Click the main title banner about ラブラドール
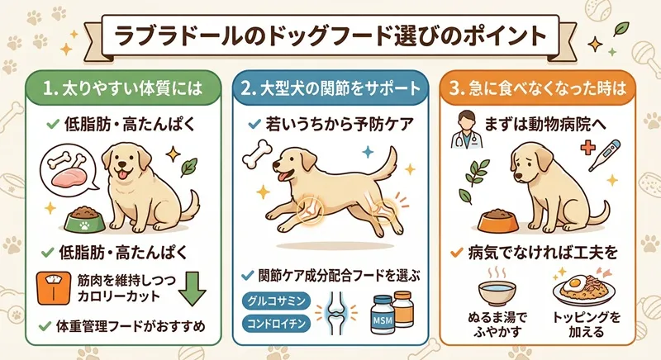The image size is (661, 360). (x=330, y=36)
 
